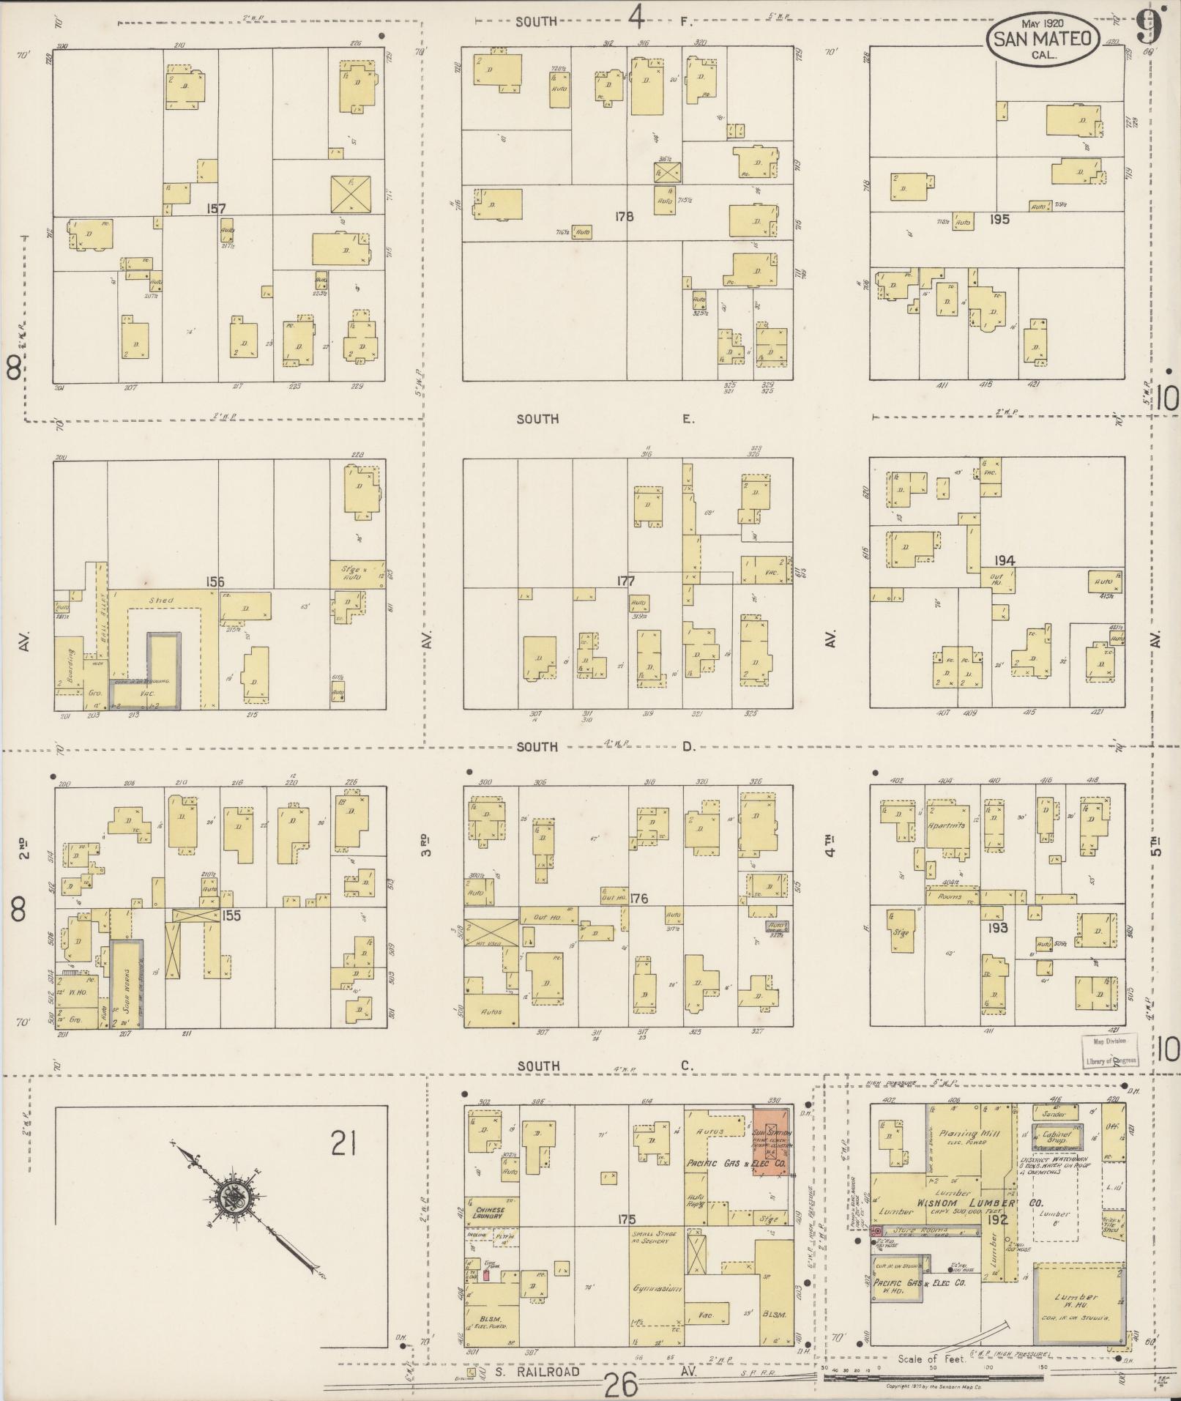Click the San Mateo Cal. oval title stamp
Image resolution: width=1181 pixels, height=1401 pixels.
[x=1043, y=40]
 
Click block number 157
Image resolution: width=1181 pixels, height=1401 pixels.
[x=216, y=209]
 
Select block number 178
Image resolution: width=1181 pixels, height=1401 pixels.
[x=625, y=216]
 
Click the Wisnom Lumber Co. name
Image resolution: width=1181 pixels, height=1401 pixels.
[x=966, y=1204]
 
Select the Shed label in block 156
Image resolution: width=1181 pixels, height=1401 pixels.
[x=161, y=601]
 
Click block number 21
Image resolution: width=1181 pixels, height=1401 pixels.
[x=343, y=1142]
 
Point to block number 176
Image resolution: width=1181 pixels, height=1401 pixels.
[x=638, y=898]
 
